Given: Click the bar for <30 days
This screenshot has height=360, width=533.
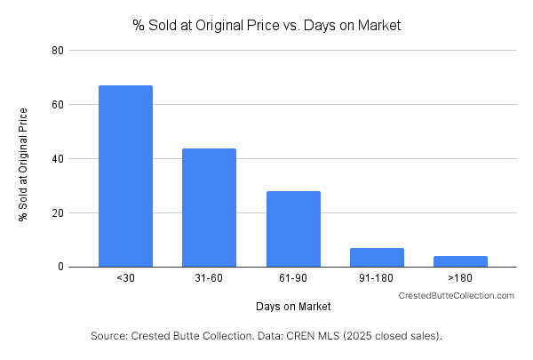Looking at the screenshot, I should [x=125, y=176].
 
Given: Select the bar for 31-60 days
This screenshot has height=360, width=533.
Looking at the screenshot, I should [x=209, y=207].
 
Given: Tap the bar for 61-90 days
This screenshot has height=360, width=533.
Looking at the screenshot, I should [x=293, y=228].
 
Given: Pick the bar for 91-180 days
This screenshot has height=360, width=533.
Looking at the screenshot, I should [x=377, y=257].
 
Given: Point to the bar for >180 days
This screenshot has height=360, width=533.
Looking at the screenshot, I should [x=460, y=261].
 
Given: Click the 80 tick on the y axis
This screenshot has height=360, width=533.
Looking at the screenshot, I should [x=57, y=51].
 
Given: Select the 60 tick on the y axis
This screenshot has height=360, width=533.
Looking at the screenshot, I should [x=57, y=105].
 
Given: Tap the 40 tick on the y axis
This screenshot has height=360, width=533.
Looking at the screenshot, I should [x=57, y=159].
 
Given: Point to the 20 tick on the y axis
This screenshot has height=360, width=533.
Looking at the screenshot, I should [x=57, y=213].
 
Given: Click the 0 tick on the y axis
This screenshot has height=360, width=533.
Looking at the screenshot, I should [x=60, y=267].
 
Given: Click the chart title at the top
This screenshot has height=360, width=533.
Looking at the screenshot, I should [x=266, y=26].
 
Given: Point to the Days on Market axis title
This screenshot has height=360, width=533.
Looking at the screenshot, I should [x=292, y=307].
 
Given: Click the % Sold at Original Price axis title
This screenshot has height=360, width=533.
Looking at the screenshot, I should [x=24, y=164].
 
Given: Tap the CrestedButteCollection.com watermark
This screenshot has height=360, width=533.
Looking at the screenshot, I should [x=456, y=295].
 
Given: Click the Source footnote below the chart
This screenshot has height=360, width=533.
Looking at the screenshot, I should [x=266, y=337].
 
